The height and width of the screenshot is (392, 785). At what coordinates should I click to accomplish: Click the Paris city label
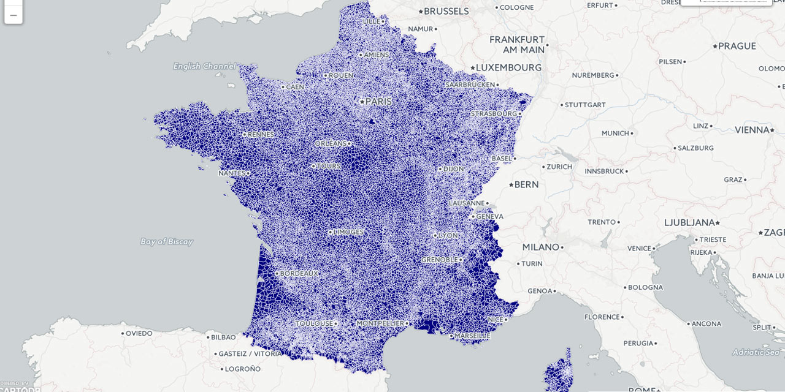click(378, 102)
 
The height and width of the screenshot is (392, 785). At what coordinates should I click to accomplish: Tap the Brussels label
click(446, 11)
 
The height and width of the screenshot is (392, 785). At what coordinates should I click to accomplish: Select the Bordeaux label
click(300, 273)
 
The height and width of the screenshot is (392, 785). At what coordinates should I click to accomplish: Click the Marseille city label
click(472, 336)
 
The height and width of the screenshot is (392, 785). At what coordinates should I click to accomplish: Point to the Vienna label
click(752, 130)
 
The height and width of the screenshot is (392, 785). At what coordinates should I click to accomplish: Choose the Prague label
click(737, 46)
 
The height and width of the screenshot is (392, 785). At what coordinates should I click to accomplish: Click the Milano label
click(540, 247)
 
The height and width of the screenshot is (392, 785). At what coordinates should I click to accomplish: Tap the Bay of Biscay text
click(166, 241)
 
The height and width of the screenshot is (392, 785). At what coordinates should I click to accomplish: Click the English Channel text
click(204, 66)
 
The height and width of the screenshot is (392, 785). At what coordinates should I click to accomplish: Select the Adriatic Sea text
click(756, 352)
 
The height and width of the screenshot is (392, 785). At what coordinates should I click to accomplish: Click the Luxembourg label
click(508, 67)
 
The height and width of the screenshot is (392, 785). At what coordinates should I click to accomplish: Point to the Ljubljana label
click(689, 222)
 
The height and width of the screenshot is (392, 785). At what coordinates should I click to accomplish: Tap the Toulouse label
click(315, 323)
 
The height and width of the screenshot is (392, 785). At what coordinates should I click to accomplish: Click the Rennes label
click(261, 134)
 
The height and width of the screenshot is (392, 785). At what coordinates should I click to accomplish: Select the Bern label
click(526, 184)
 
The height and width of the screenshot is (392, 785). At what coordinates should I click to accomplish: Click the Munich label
click(615, 133)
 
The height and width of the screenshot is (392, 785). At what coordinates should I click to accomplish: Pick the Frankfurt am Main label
click(517, 44)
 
